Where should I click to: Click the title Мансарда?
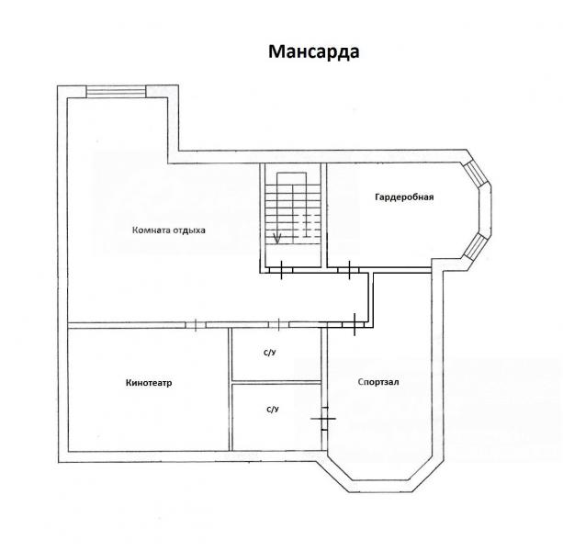pyautogui.click(x=314, y=51)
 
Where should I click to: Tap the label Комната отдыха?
pyautogui.click(x=169, y=231)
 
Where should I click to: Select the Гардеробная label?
pyautogui.click(x=404, y=197)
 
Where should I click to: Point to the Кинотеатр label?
pyautogui.click(x=149, y=383)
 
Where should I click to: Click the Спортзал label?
pyautogui.click(x=378, y=382)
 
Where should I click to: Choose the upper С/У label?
pyautogui.click(x=270, y=353)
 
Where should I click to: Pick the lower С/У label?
pyautogui.click(x=273, y=410)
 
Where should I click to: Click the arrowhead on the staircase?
pyautogui.click(x=276, y=238)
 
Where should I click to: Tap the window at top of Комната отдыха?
pyautogui.click(x=117, y=91)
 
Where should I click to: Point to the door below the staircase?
pyautogui.click(x=281, y=270)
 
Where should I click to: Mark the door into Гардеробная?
pyautogui.click(x=349, y=270)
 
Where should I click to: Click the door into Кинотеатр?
pyautogui.click(x=196, y=325)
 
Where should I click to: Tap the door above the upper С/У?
pyautogui.click(x=278, y=325)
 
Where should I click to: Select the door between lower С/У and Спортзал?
pyautogui.click(x=324, y=419)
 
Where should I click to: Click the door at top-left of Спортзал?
pyautogui.click(x=354, y=324)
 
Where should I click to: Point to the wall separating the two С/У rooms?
pyautogui.click(x=276, y=382)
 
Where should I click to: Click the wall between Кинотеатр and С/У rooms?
pyautogui.click(x=231, y=389)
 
